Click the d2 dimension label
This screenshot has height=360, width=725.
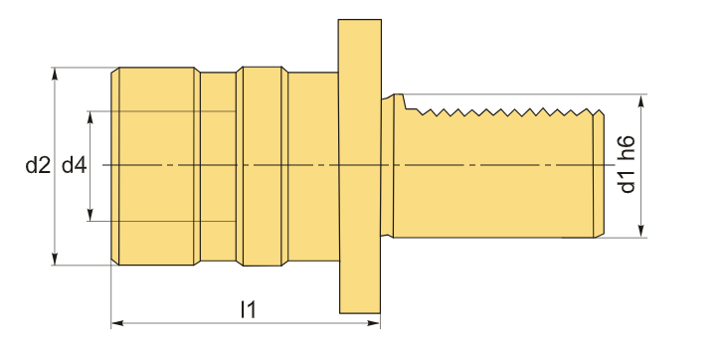38,165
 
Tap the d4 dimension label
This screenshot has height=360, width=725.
74,165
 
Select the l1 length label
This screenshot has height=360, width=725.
249,309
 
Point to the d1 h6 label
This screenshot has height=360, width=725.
627,164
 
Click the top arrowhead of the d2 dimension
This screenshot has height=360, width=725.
55,74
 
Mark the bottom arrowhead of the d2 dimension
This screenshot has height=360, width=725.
55,259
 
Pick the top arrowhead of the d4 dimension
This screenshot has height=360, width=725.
91,117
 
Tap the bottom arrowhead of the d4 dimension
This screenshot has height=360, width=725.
91,215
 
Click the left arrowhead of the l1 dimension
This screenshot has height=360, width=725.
117,323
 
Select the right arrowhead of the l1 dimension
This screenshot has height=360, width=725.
374,323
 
